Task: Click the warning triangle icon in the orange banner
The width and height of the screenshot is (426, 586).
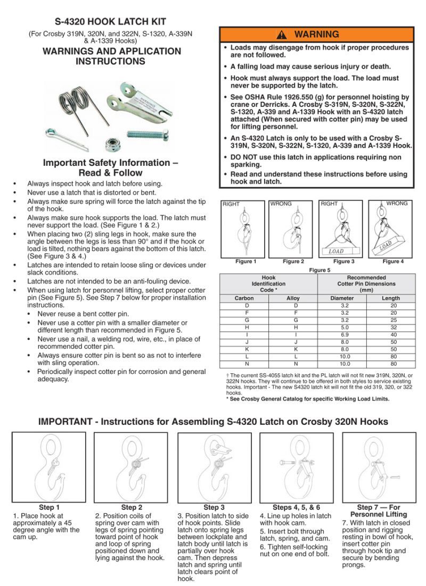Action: [282, 35]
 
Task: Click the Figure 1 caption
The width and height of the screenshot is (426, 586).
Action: [245, 262]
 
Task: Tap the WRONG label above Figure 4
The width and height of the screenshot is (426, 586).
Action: [397, 204]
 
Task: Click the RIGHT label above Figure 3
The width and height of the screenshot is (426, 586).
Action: [329, 204]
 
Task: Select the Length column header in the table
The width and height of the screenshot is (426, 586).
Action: [391, 298]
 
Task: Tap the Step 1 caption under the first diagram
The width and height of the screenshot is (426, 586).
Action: [49, 507]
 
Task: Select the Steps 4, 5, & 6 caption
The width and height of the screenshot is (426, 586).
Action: [296, 507]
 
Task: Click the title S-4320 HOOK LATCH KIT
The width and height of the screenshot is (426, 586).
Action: [111, 22]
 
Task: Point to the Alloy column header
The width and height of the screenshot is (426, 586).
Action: [293, 298]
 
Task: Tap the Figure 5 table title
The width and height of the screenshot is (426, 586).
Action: [319, 270]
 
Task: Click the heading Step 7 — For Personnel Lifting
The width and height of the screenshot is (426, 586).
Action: [379, 510]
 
